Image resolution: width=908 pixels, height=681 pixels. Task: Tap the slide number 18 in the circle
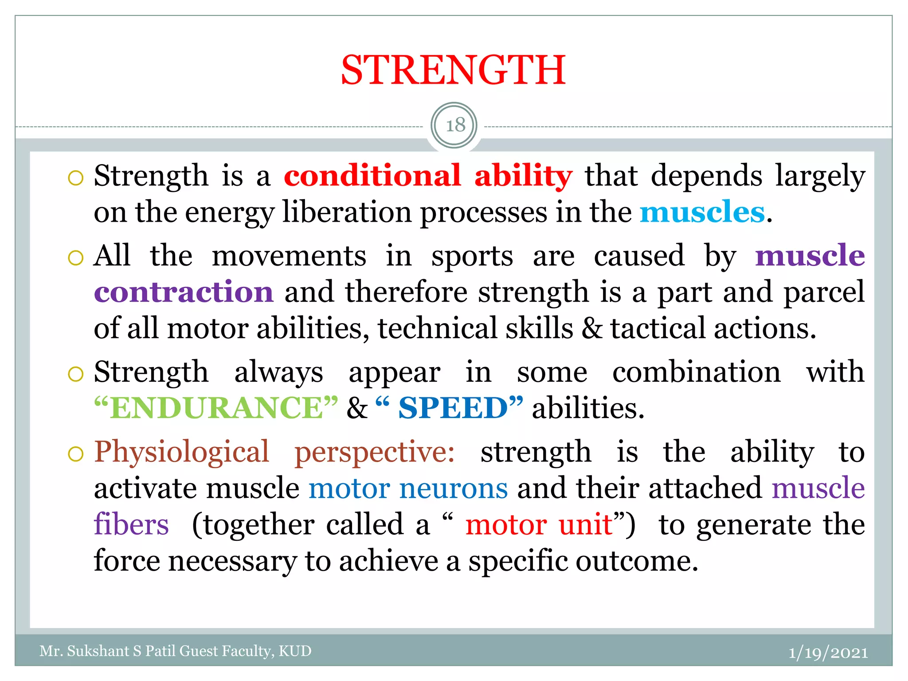coord(455,125)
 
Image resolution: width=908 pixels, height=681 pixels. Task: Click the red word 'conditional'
coord(372,176)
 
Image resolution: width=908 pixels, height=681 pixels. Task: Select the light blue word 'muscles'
coord(702,212)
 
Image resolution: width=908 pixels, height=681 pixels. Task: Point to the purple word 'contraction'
coord(184,293)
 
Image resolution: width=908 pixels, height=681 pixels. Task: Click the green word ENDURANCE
coord(216,408)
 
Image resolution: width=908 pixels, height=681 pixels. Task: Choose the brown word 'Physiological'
coord(182,453)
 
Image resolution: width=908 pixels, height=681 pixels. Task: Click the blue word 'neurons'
coord(453,489)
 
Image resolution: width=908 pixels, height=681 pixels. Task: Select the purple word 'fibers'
coord(131,525)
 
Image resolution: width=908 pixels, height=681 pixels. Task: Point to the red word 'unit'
coord(585,525)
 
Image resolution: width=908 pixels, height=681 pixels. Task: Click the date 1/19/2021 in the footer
coord(828,653)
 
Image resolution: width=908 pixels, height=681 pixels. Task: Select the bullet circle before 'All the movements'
coord(76,258)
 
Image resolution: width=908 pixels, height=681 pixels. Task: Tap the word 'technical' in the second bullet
coord(437,329)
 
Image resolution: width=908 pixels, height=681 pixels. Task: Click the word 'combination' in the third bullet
coord(696,372)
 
